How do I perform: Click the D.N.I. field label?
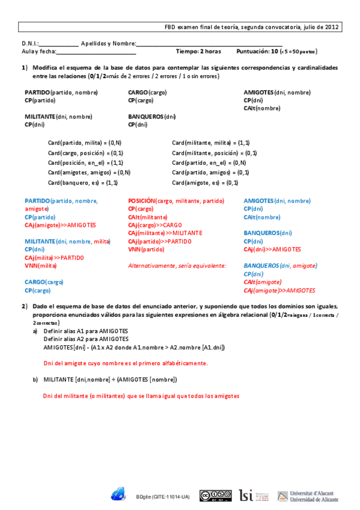point(30,44)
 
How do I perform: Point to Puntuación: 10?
point(257,52)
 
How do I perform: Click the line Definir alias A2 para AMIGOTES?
point(85,339)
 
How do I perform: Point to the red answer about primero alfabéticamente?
point(126,363)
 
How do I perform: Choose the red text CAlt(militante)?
point(148,217)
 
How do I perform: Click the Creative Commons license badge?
point(216,496)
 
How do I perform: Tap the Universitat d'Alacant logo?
point(308,496)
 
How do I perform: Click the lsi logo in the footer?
point(246,495)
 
